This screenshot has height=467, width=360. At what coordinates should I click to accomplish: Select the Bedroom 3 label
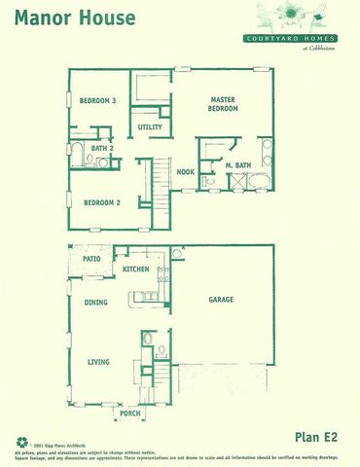coord(98,100)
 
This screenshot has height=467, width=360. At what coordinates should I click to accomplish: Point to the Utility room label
coord(150,127)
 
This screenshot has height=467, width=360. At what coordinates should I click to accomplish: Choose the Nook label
coord(185,172)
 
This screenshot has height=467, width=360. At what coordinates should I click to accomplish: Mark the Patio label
coord(92,260)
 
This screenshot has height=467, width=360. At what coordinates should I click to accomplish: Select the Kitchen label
coord(135,269)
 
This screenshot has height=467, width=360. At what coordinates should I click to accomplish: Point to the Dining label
coord(95,303)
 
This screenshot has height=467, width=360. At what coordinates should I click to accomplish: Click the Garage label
coord(221,301)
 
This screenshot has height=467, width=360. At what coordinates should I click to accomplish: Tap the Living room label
coord(99,362)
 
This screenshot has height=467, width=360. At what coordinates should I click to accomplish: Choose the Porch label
coord(129,413)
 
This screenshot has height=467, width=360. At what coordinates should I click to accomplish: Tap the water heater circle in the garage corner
coord(178,253)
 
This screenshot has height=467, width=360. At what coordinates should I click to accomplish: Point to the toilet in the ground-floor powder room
coord(148,339)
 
